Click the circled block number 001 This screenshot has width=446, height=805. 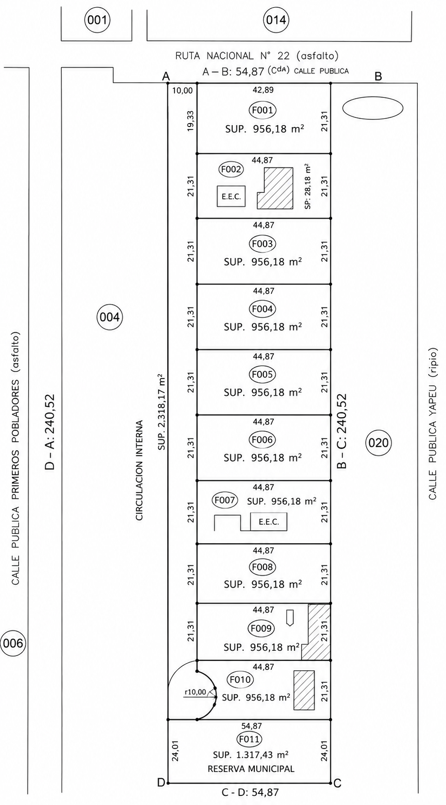[x=97, y=20]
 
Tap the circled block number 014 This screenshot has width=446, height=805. [x=276, y=20]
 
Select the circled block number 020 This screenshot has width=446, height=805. [x=379, y=443]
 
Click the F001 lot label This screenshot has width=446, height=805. [x=262, y=110]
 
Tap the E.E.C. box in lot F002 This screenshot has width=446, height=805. [x=231, y=196]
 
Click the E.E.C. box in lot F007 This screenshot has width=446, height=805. [x=269, y=522]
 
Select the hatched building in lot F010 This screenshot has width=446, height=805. [x=304, y=689]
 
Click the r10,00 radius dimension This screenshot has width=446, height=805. [x=196, y=692]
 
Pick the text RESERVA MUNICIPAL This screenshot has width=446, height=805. [x=251, y=769]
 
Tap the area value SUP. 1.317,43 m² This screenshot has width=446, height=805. [x=250, y=754]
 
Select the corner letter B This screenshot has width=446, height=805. [x=378, y=76]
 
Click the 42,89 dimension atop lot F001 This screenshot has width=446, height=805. [x=263, y=90]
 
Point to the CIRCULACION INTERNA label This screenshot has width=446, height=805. [x=140, y=470]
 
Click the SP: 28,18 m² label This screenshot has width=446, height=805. [x=308, y=187]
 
